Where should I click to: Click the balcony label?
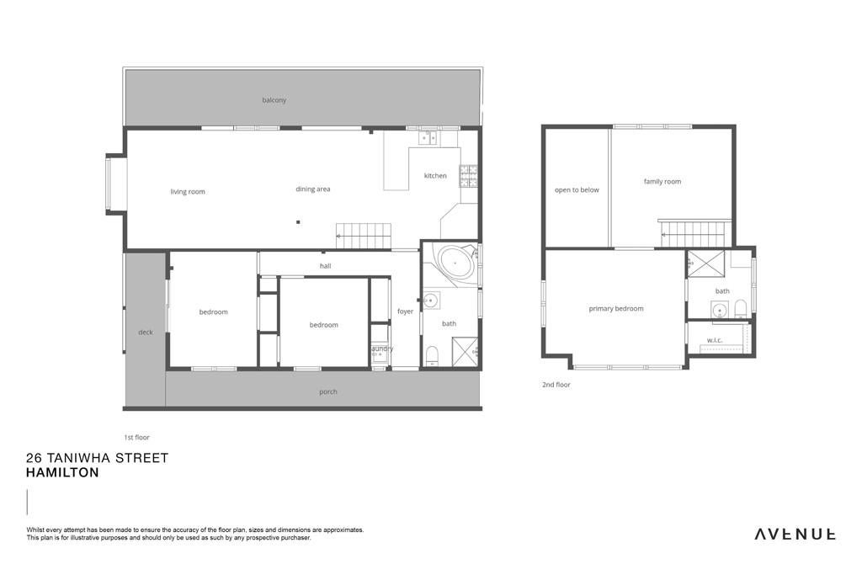[274, 100]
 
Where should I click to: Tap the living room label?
[188, 192]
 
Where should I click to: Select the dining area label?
[313, 189]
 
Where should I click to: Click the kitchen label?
[435, 176]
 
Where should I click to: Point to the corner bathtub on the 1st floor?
[455, 264]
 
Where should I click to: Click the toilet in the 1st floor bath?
[433, 356]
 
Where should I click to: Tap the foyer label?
[405, 311]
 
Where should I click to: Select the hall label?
[326, 266]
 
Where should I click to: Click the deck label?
[146, 332]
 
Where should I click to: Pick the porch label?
[328, 392]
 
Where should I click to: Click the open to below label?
[577, 190]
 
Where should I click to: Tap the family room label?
[662, 181]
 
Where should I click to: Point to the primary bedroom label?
[615, 309]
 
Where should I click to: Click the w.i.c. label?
[715, 340]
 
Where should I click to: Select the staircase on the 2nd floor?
[696, 235]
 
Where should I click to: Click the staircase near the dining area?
[364, 237]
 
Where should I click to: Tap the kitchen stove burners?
[468, 176]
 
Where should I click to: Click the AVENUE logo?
[795, 534]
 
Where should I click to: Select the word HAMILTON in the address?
[62, 473]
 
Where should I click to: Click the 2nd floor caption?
[556, 385]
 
